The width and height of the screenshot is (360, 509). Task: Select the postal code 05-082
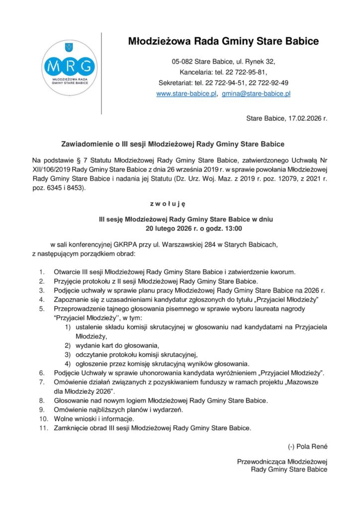pos(182,62)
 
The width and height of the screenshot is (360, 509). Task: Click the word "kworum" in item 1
pos(283,272)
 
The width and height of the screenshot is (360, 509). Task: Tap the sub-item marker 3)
pos(68,354)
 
